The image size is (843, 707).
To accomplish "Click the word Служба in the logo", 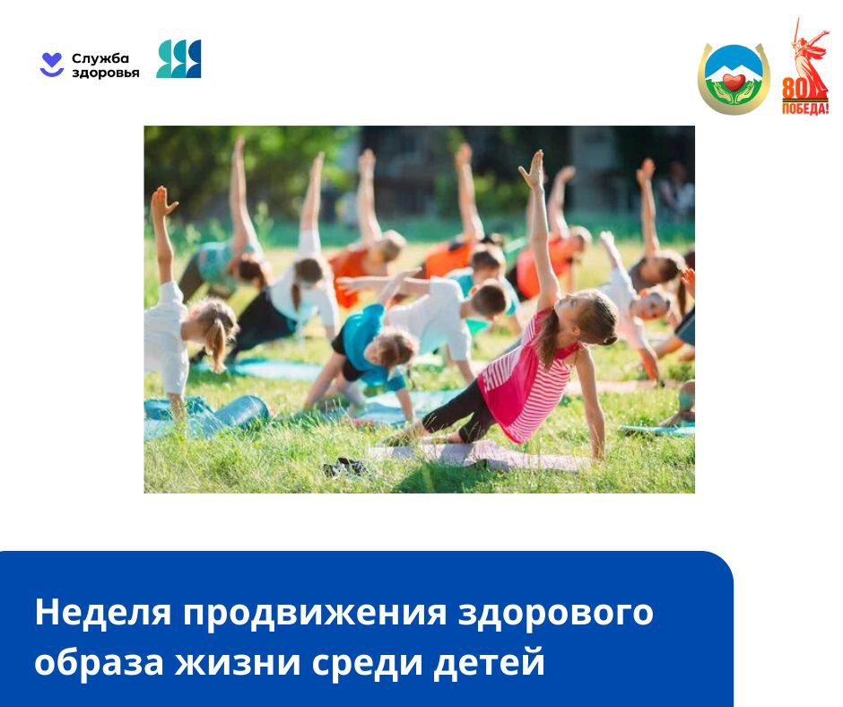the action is coord(100,58).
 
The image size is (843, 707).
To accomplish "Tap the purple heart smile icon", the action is coord(52,65).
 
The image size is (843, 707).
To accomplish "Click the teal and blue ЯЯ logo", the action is coord(178,58).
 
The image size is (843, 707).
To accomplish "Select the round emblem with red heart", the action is coord(734,79).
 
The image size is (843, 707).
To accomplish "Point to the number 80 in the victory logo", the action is coord(794,89).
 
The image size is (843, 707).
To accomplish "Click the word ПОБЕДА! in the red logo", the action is coord(805,109).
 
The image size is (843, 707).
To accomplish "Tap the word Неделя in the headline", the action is coord(103,612).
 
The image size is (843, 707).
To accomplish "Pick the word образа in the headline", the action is coord(99,662).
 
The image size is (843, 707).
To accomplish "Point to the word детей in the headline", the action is coord(490,662).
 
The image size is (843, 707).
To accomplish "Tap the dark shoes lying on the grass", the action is coord(347,467).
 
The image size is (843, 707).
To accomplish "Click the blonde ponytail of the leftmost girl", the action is coord(217,345).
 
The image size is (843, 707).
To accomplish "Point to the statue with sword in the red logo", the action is coord(808,54).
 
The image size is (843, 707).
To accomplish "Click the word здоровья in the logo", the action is coord(106,73).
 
